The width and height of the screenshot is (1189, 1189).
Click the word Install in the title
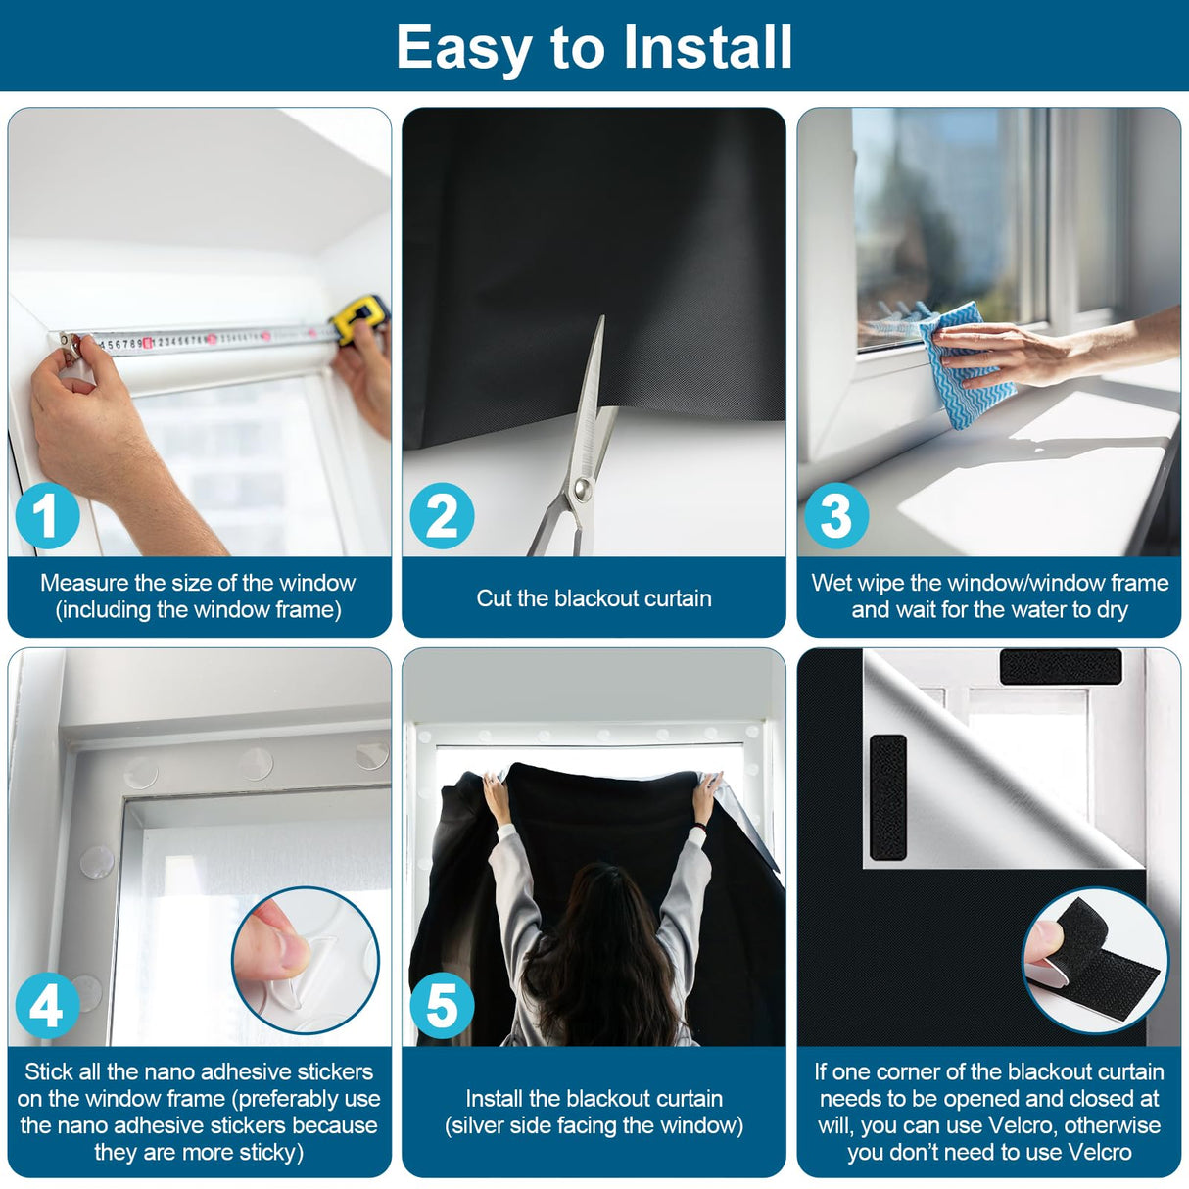pyautogui.click(x=707, y=47)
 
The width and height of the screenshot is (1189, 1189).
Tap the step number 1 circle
pyautogui.click(x=48, y=516)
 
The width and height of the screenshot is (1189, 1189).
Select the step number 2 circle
pyautogui.click(x=442, y=516)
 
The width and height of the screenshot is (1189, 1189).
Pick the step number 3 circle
pyautogui.click(x=836, y=516)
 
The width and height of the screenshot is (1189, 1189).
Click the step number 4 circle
pyautogui.click(x=48, y=1007)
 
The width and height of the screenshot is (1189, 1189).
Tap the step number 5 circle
pyautogui.click(x=442, y=1007)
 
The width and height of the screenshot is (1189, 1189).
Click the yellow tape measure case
pyautogui.click(x=359, y=319)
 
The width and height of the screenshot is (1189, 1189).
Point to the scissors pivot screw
pyautogui.click(x=581, y=490)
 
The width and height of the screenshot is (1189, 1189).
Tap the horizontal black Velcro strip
pyautogui.click(x=1061, y=666)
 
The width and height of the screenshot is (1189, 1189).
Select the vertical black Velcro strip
pyautogui.click(x=888, y=797)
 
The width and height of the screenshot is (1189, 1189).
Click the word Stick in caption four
pyautogui.click(x=49, y=1071)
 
